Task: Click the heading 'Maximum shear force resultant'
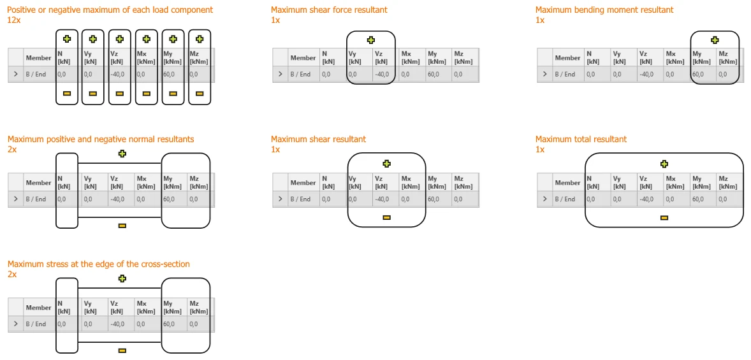[x=329, y=10]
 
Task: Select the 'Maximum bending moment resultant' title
[x=604, y=10]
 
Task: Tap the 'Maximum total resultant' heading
[x=581, y=140]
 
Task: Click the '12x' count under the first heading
[x=15, y=20]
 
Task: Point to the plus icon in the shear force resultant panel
[x=370, y=40]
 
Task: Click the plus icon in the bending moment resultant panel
[x=715, y=40]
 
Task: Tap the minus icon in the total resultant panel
[x=664, y=218]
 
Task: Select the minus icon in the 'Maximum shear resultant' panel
[x=386, y=218]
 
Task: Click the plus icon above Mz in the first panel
[x=200, y=40]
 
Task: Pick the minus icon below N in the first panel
[x=67, y=94]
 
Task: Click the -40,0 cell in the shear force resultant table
[x=382, y=74]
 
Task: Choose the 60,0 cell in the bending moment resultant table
[x=698, y=74]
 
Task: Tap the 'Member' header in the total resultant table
[x=567, y=183]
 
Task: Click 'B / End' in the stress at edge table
[x=36, y=324]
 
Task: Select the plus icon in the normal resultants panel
[x=122, y=154]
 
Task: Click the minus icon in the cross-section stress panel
[x=122, y=350]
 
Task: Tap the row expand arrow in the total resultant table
[x=544, y=199]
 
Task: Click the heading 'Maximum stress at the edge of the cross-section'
[x=99, y=264]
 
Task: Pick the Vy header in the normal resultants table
[x=89, y=182]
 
